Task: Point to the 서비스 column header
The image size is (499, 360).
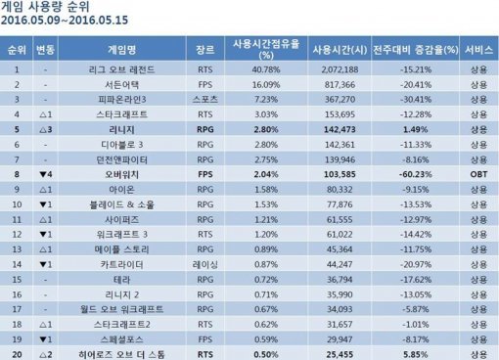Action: pyautogui.click(x=478, y=48)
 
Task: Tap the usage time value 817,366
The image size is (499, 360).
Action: pyautogui.click(x=340, y=84)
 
